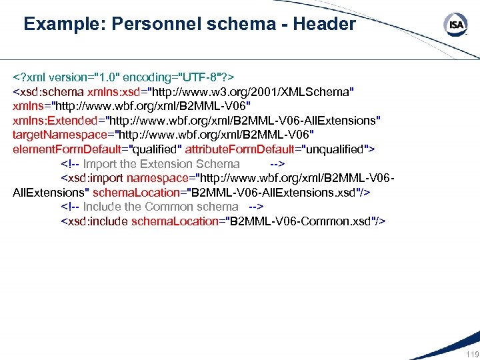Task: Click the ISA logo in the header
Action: click(x=455, y=25)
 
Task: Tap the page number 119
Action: click(x=471, y=354)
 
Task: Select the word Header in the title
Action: click(x=326, y=25)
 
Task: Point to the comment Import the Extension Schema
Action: click(x=161, y=164)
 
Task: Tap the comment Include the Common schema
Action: click(x=160, y=207)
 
